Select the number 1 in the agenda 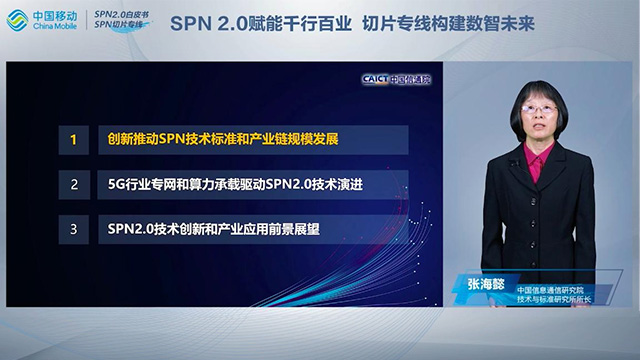pos(73,139)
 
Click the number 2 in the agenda pos(73,184)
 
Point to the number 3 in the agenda pos(73,229)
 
